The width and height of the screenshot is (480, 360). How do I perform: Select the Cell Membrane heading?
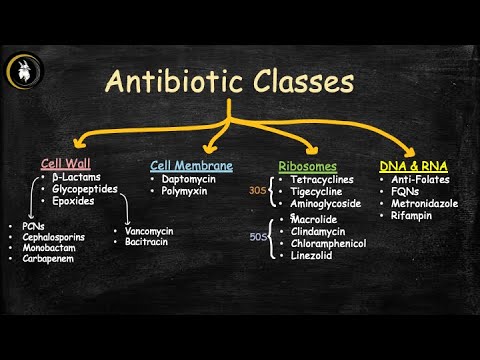(x=192, y=165)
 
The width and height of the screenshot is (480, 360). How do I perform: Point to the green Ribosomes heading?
(x=307, y=166)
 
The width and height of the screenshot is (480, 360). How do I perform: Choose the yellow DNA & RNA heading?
(x=413, y=165)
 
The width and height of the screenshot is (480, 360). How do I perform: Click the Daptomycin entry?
(x=190, y=178)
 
